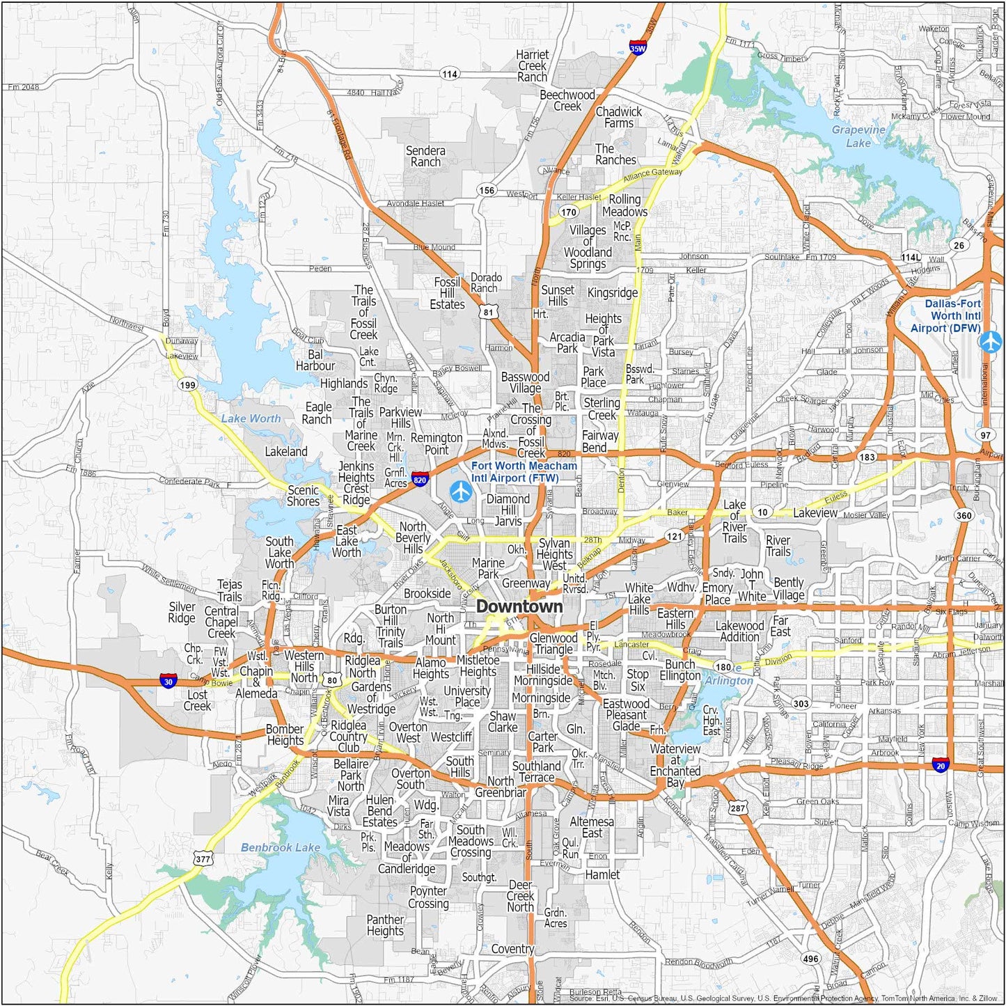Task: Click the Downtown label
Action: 519,606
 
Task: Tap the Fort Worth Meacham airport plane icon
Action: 461,491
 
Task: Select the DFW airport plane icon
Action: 989,342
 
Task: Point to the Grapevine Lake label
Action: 858,136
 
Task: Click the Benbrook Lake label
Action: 280,847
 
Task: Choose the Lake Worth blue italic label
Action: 251,418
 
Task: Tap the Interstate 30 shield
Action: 168,681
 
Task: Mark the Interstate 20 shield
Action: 941,764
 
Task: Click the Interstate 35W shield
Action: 638,47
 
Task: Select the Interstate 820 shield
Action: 419,479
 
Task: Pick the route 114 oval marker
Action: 450,74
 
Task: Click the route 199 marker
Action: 187,385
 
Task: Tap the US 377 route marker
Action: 203,859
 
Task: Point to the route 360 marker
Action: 964,515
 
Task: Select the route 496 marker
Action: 810,959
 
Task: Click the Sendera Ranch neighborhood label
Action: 425,156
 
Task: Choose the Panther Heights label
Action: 385,925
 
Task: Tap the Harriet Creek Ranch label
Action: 532,65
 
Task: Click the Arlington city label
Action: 729,680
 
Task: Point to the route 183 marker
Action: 867,457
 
